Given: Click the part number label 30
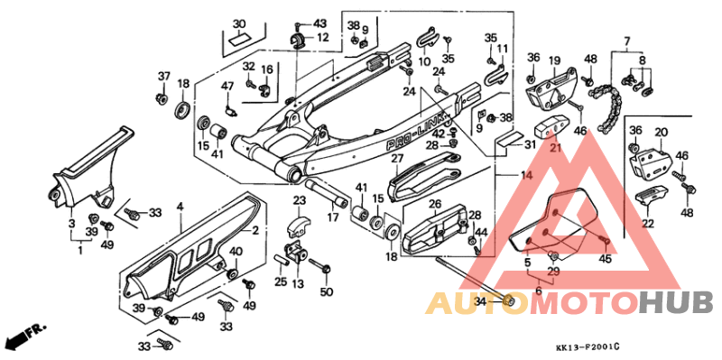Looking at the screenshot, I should (x=238, y=23).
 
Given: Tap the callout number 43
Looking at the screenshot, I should (x=319, y=23).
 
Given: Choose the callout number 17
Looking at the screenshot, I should (x=334, y=217).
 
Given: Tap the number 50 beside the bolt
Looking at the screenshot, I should (x=327, y=291).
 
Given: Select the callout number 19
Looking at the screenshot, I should (x=554, y=60).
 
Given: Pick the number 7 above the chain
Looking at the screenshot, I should (x=625, y=42).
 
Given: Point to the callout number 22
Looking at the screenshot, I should (x=648, y=224).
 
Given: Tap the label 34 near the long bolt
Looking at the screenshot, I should (x=480, y=300).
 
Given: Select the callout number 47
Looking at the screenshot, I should (x=228, y=86).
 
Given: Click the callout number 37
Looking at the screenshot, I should (x=163, y=75).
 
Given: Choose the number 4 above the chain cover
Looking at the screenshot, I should (x=179, y=207).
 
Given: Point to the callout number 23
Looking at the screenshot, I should (x=300, y=200).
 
